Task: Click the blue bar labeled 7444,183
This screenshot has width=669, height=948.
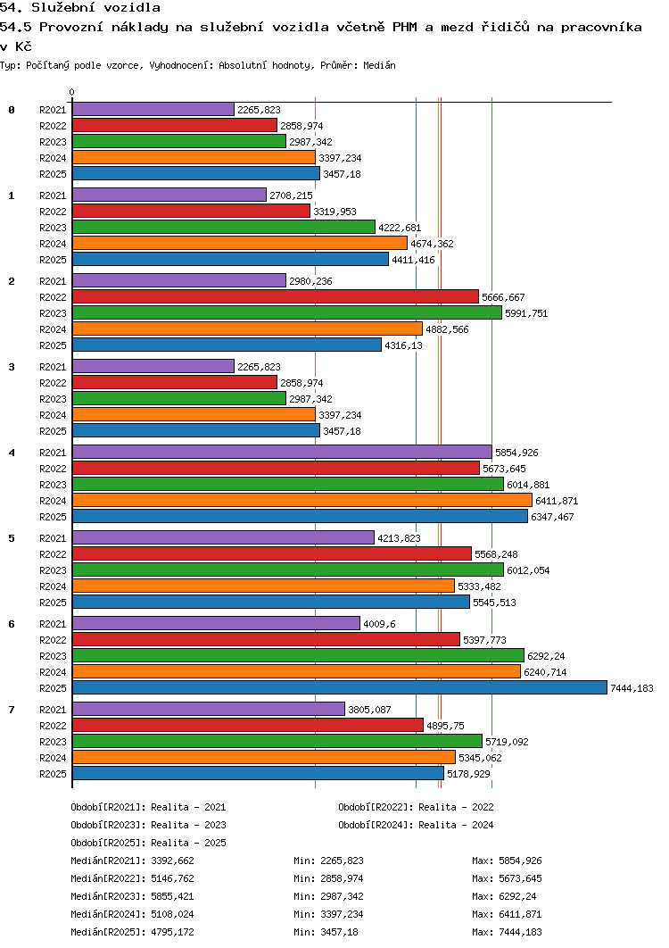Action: point(339,687)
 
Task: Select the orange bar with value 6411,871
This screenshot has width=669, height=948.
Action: point(301,500)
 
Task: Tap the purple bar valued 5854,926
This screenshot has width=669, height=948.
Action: point(282,452)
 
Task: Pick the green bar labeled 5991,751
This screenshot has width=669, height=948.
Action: point(286,312)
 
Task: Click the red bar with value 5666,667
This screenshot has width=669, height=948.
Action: point(275,296)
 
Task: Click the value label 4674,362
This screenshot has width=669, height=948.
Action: point(432,244)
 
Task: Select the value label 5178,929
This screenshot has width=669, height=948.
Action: point(468,774)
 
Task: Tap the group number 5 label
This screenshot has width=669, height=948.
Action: point(12,538)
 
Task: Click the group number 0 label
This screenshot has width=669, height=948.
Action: point(12,110)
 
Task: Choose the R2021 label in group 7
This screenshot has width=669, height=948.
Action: point(54,710)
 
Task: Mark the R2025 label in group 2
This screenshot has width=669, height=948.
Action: point(54,345)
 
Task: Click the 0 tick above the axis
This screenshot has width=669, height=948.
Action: point(72,93)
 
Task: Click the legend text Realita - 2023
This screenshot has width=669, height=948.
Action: point(188,825)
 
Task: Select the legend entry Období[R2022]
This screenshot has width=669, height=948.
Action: point(376,807)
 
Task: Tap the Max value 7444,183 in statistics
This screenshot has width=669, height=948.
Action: point(521,932)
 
